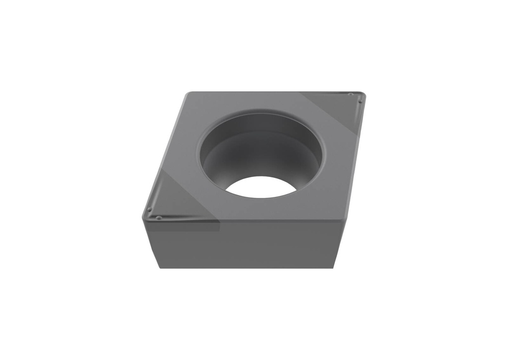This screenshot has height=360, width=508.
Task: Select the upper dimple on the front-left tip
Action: pyautogui.click(x=149, y=209)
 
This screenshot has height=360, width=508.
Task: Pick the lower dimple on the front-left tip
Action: pyautogui.click(x=158, y=218)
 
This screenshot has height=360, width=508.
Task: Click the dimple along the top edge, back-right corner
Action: pyautogui.click(x=350, y=94)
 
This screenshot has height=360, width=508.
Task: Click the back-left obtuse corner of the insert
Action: pyautogui.click(x=188, y=93)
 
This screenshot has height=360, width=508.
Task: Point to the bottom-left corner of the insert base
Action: pyautogui.click(x=160, y=268)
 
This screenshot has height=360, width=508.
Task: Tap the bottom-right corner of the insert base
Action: pyautogui.click(x=333, y=268)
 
